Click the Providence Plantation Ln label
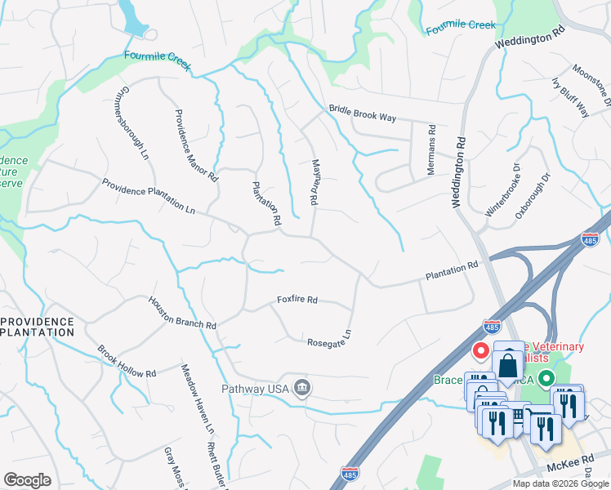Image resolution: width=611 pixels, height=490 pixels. click(149, 196)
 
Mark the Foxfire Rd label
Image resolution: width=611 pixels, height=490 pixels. click(297, 300)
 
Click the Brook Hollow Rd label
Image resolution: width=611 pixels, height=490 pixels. click(127, 362)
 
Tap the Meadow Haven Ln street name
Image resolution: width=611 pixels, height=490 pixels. click(197, 399)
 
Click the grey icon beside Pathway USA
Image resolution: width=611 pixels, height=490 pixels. click(302, 387)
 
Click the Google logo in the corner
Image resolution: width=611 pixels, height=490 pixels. click(27, 480)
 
